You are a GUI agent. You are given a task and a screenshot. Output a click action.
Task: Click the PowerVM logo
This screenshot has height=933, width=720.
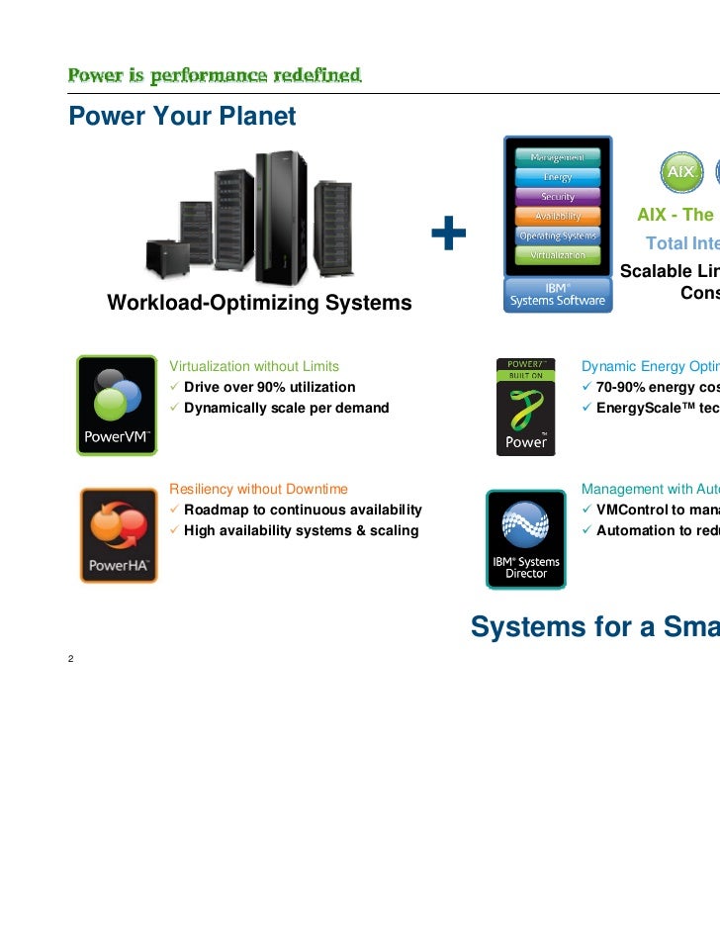pos(117,405)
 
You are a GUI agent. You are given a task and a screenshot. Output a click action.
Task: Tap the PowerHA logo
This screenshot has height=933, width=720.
pos(118,535)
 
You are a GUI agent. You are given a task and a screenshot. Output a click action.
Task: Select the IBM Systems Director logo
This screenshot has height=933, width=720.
pos(526,538)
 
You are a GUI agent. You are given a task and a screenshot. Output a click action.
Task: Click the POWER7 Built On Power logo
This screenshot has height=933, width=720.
pos(526,407)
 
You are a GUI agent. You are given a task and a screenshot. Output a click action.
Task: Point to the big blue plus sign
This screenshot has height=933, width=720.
pos(448,235)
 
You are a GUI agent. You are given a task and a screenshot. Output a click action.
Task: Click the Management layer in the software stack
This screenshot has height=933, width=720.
pos(558,158)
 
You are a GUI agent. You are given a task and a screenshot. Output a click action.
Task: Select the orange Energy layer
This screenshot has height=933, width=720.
pos(558,177)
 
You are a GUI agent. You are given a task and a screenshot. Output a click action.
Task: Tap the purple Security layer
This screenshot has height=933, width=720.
pos(558,197)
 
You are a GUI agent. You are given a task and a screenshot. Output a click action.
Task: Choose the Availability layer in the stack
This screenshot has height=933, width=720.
pos(558,216)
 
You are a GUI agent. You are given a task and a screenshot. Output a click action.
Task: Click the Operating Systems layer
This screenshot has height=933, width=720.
pos(558,235)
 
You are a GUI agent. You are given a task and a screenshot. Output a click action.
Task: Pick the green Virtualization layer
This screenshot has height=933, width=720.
pos(558,254)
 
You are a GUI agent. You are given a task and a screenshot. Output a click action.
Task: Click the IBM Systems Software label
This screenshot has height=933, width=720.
pos(558,294)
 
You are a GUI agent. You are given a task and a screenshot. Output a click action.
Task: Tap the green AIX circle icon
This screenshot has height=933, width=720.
pos(680,172)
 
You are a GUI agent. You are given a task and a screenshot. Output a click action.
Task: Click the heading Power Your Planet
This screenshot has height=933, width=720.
pos(182,117)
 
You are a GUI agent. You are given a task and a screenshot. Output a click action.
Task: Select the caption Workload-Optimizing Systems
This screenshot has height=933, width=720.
pos(259,303)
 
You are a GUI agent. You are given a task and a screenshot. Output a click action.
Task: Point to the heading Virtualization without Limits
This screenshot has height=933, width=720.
pos(254,366)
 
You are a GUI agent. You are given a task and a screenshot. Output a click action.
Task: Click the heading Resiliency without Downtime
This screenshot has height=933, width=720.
pos(258,489)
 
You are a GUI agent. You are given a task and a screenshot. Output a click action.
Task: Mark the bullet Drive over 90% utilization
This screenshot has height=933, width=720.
pos(269,387)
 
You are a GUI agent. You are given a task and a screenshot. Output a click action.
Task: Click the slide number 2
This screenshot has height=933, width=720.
pos(72,660)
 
